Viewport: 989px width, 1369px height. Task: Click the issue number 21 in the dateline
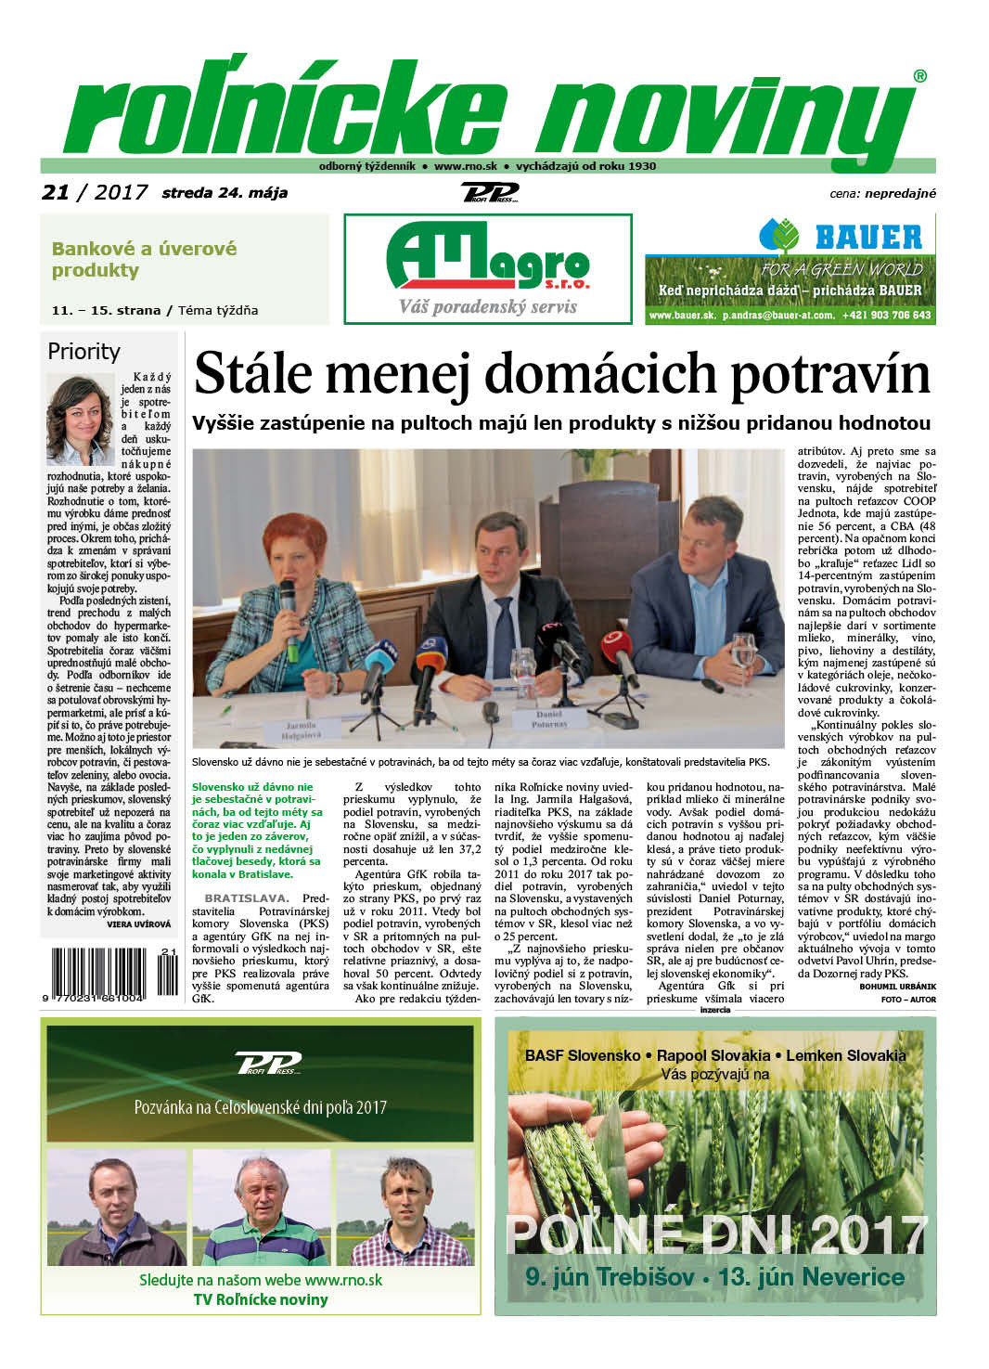[56, 192]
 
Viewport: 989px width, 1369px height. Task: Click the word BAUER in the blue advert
[868, 238]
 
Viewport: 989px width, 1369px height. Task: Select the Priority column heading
[83, 351]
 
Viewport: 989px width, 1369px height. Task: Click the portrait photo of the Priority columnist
[80, 420]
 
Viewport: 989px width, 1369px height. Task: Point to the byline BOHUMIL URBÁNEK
[897, 986]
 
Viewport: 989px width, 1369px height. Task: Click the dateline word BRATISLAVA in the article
[246, 898]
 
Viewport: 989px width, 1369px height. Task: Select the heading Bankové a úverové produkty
[144, 260]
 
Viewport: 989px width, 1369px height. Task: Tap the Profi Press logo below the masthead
[489, 192]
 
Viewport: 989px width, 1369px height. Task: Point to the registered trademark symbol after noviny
[919, 77]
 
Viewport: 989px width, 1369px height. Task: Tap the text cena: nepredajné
[882, 193]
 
